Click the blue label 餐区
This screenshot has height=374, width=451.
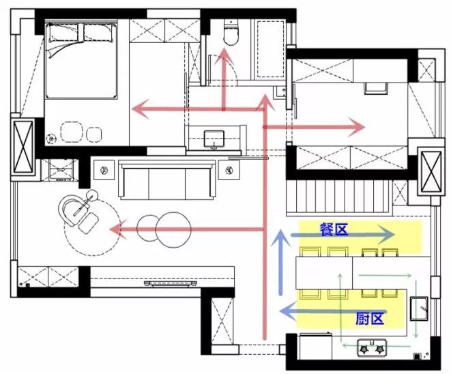(x=334, y=229)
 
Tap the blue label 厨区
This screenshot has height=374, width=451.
(x=370, y=319)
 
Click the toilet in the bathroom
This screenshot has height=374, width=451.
(x=231, y=32)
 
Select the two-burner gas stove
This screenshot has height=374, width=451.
(x=372, y=348)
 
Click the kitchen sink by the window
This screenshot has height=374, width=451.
(x=419, y=308)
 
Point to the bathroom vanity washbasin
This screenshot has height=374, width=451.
(x=214, y=139)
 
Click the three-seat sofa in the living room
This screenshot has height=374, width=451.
(x=168, y=180)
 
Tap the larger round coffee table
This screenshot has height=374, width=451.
(x=173, y=229)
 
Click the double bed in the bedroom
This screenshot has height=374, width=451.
(x=81, y=61)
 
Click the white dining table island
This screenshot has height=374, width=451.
(x=324, y=273)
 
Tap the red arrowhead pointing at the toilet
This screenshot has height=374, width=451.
(x=224, y=55)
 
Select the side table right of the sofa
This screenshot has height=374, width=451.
(x=229, y=170)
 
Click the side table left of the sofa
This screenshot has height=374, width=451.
(x=104, y=170)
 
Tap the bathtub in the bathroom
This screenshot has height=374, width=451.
(x=270, y=48)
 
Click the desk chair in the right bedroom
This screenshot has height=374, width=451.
(x=376, y=88)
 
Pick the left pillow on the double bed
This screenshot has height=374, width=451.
(x=63, y=33)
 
